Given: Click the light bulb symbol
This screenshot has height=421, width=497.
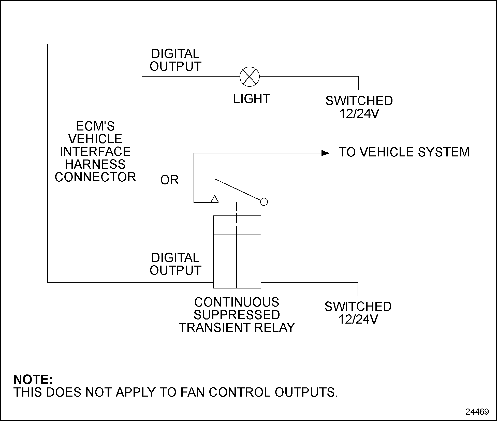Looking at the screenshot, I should tap(250, 76).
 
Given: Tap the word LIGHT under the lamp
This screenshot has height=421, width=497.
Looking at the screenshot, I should tap(252, 99).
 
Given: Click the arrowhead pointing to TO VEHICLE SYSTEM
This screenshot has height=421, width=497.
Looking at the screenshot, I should tap(325, 153).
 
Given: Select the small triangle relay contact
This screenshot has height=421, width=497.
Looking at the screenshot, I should tap(215, 199).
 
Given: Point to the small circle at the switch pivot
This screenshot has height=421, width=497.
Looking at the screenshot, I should tap(264, 202).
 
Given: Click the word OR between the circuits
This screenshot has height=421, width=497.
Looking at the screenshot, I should tap(169, 180).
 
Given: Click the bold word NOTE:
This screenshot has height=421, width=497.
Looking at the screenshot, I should tap(33, 380).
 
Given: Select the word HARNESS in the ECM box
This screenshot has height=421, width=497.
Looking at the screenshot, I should tap(95, 164).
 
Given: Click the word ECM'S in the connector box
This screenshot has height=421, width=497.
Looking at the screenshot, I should tap(95, 126).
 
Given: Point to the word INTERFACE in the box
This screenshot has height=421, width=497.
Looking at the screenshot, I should tap(95, 152).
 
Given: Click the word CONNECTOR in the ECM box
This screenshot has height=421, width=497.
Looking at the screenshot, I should tap(95, 177).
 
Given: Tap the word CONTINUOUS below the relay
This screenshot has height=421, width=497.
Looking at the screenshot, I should tap(237, 302).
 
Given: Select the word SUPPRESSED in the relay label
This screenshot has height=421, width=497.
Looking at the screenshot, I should tap(237, 315).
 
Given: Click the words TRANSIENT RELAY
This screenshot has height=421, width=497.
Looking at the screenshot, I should tap(237, 328).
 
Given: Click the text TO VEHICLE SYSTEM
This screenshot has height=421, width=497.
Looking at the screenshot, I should tap(404, 152).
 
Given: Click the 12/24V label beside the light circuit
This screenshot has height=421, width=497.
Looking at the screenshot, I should tap(359, 113).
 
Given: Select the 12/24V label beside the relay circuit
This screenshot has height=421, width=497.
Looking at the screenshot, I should tap(358, 319).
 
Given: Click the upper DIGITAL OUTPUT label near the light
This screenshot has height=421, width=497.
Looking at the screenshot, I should tap(175, 60).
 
